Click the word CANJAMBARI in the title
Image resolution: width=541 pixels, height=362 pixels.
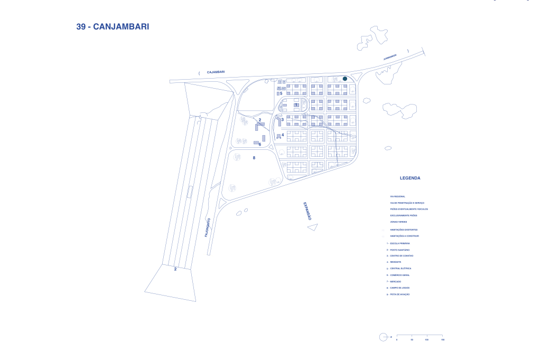121,27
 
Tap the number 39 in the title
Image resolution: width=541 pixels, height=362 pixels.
81,27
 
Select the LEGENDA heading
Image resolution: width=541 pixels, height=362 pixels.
410,178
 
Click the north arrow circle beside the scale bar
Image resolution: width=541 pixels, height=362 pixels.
383,337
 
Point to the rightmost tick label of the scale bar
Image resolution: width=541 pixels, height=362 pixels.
442,340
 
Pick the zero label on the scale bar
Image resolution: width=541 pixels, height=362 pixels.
397,340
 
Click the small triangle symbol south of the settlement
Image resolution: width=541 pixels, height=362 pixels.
313,227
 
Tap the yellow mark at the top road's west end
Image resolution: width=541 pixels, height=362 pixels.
169,79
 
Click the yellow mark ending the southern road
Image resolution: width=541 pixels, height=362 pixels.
208,255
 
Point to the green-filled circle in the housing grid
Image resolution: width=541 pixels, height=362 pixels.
344,78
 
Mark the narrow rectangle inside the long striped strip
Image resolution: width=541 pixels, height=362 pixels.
189,192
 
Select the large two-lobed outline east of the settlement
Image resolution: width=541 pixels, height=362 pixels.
399,109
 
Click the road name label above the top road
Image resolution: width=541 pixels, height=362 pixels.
216,72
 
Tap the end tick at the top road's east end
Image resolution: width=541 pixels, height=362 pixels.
424,52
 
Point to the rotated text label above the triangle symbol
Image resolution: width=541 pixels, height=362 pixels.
307,211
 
